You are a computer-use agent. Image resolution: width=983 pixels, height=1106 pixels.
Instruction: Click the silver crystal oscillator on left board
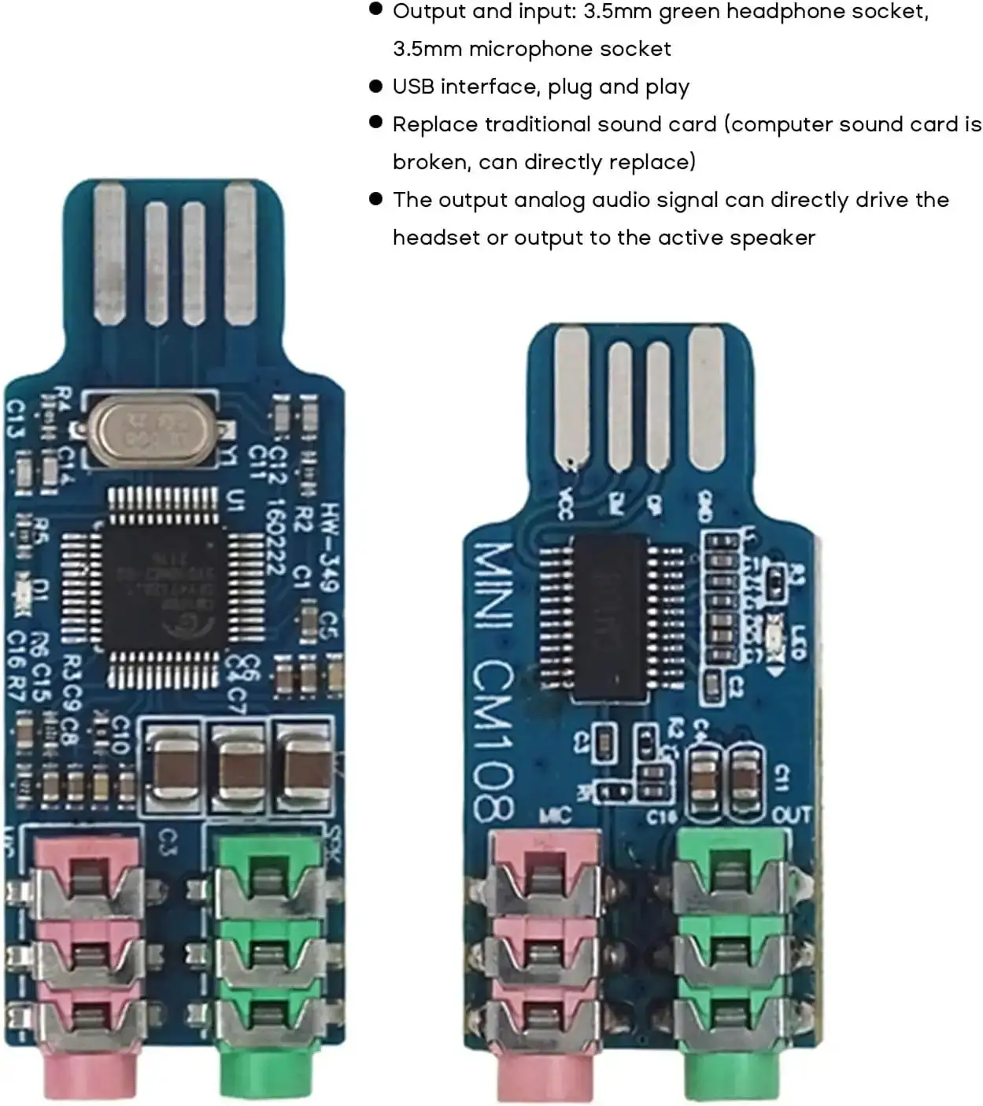coord(153,432)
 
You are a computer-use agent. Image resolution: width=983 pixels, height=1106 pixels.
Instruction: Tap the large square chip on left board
coord(164,588)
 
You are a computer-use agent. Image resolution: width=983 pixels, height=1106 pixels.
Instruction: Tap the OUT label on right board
coord(792,816)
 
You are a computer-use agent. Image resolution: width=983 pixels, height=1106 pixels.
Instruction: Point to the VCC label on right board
coord(565,505)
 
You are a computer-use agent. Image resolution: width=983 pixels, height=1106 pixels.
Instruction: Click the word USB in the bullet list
coord(413,87)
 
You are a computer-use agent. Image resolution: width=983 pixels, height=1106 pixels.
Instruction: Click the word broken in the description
coord(431,162)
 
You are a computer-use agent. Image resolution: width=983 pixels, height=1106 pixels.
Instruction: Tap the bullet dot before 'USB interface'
coord(375,85)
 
